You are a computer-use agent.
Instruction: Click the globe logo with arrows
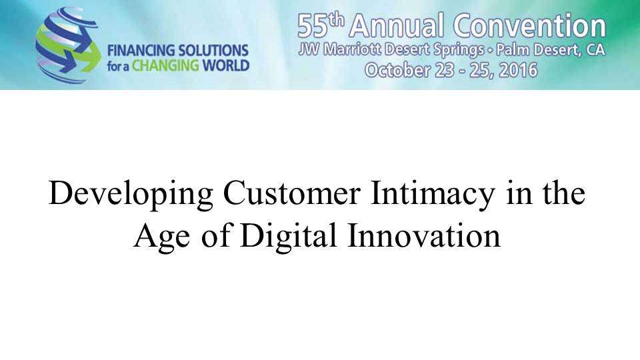tap(68, 45)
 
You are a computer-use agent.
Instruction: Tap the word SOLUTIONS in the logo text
tap(213, 51)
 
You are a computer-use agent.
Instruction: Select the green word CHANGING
tap(165, 66)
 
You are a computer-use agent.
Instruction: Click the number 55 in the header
tap(312, 27)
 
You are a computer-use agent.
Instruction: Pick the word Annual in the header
tap(396, 25)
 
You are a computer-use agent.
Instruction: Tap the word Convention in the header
tap(529, 25)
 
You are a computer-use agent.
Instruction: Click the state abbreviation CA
tap(595, 50)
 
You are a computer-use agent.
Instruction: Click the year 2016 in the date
tap(519, 70)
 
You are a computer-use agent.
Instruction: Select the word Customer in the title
tap(291, 193)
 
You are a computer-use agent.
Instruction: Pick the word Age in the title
tap(161, 237)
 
